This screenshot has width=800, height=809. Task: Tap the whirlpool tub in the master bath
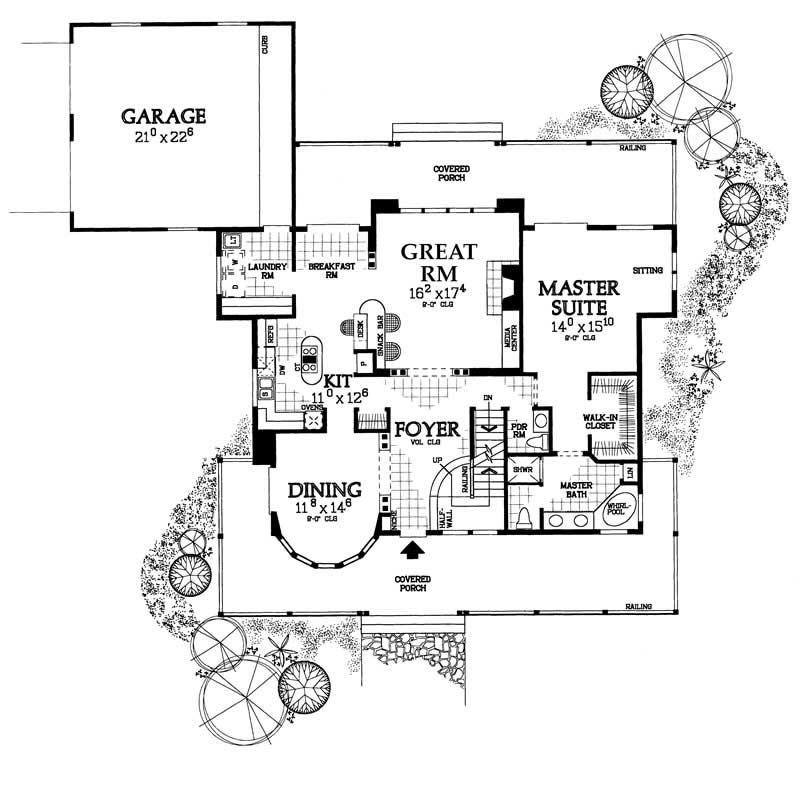pos(621,508)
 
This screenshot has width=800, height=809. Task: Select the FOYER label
pos(425,431)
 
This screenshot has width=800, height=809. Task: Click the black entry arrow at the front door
pos(409,548)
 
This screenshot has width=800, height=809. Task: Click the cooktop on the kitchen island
pos(311,352)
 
